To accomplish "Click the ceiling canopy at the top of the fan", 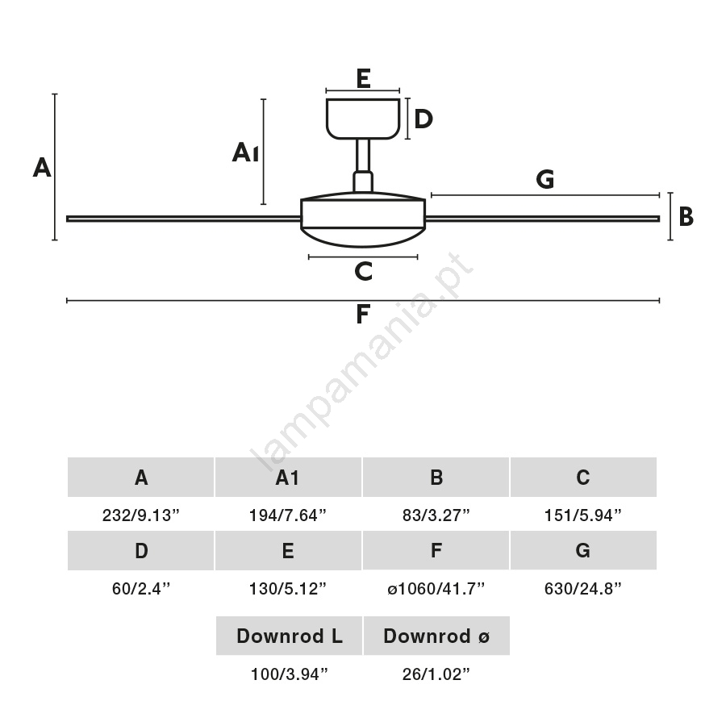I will tap(363, 118).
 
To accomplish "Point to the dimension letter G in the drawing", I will tap(545, 180).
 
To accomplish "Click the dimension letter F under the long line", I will tap(363, 315).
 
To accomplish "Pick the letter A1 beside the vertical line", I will tap(245, 152).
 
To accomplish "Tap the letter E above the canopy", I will tap(363, 78).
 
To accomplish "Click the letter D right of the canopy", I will tap(423, 119).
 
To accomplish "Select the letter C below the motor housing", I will tap(363, 272).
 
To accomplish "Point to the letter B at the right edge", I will tap(686, 217).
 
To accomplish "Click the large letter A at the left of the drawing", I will tap(42, 168).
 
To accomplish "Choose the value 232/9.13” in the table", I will tap(141, 515).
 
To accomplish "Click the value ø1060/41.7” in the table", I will tap(436, 589).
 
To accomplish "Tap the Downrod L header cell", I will tap(289, 636).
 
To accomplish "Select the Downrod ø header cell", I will tap(436, 636).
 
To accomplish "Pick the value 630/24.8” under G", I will tap(583, 589).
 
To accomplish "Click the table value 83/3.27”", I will tap(436, 515).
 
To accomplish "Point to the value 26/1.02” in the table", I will tap(436, 674).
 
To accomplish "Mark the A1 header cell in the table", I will tap(288, 478).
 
